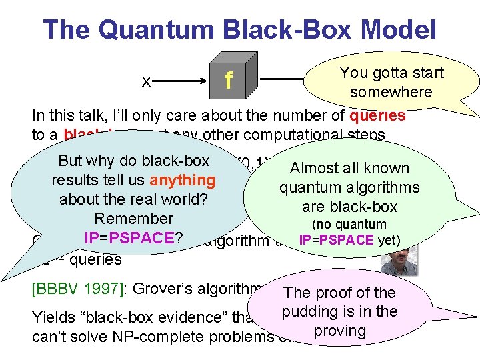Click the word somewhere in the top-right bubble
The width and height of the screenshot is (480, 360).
click(x=391, y=92)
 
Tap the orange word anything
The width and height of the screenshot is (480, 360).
click(x=183, y=180)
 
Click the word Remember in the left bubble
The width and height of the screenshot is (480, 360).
click(x=133, y=219)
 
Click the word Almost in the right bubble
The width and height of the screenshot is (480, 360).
click(x=316, y=169)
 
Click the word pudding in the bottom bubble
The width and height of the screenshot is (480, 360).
click(x=311, y=311)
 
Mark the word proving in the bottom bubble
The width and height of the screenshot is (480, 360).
click(x=340, y=331)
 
